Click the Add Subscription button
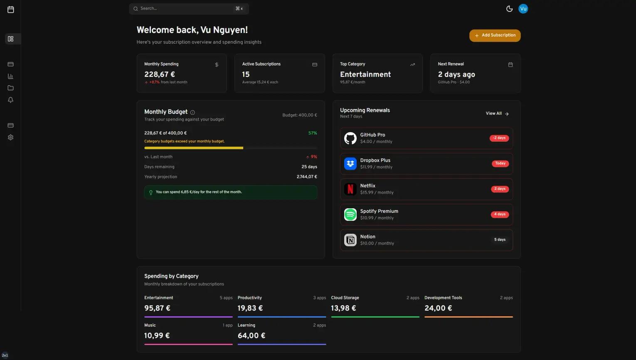tap(495, 35)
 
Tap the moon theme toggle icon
tap(509, 9)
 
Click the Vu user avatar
tap(523, 9)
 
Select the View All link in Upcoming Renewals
tap(497, 113)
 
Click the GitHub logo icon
tap(350, 138)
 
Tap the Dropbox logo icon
tap(350, 164)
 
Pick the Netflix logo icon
tap(350, 189)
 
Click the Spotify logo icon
tap(350, 215)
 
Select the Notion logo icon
tap(350, 240)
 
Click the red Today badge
tap(500, 163)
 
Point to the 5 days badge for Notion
tap(500, 240)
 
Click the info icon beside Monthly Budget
tap(192, 112)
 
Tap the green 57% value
tap(313, 133)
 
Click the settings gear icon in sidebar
tap(11, 137)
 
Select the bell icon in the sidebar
tap(11, 100)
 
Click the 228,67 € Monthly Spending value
tap(160, 74)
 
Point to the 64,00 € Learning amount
tap(251, 335)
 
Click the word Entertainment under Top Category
tap(365, 74)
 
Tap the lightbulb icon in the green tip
tap(151, 192)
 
